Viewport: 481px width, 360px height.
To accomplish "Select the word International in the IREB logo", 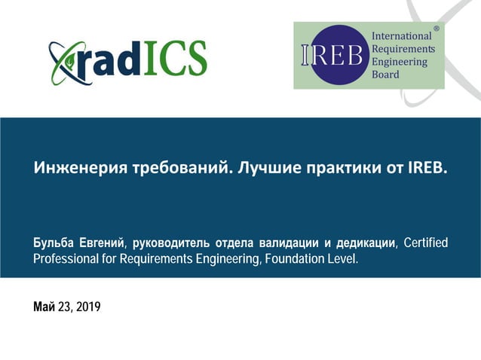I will pyautogui.click(x=402, y=36).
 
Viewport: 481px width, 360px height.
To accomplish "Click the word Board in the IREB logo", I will pyautogui.click(x=385, y=75).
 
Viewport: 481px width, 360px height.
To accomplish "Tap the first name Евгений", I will pyautogui.click(x=104, y=243).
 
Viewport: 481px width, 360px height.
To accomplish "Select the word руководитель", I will pyautogui.click(x=171, y=243).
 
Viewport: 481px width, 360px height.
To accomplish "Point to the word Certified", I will pyautogui.click(x=426, y=243).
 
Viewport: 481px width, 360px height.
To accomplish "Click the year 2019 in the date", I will pyautogui.click(x=87, y=307).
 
